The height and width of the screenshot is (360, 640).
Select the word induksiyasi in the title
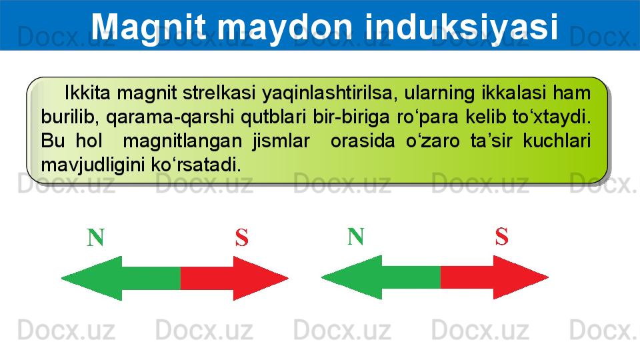[x=461, y=27]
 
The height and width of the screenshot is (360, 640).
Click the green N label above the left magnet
[x=95, y=237]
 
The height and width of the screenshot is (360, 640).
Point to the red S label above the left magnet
[x=241, y=237]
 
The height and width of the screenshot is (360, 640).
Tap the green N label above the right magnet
[x=355, y=236]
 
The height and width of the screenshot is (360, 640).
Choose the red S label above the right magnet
[x=501, y=236]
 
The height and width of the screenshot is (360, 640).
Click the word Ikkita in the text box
[x=87, y=93]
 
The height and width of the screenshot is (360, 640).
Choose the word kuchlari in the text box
[x=557, y=141]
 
